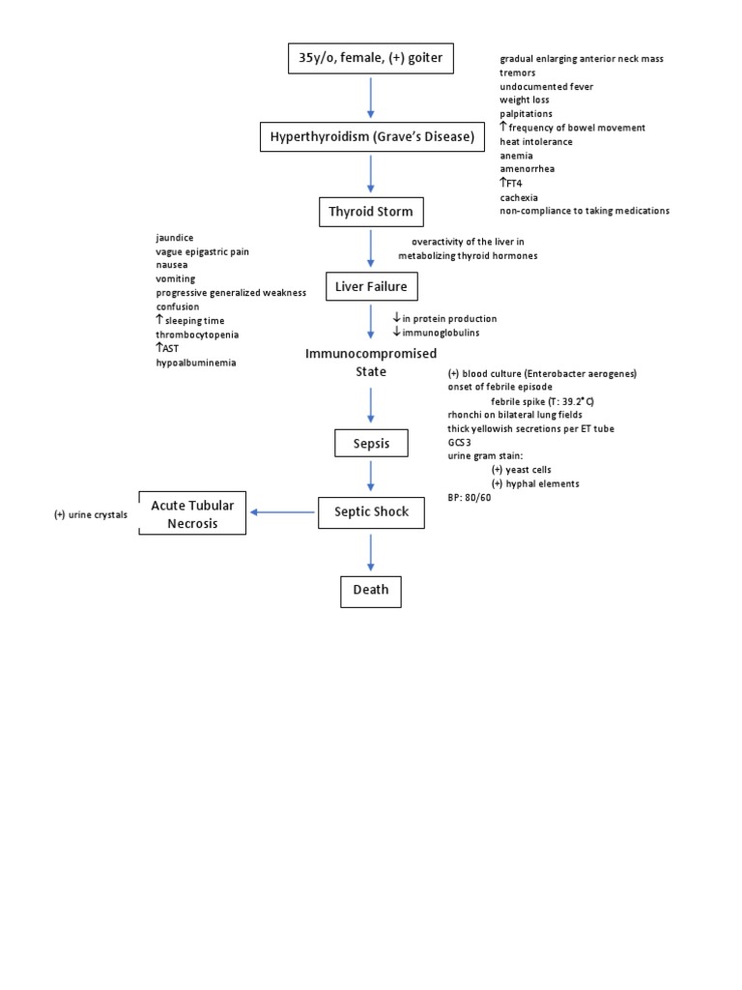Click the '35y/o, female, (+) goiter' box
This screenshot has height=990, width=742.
371,60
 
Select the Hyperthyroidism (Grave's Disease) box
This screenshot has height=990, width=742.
371,137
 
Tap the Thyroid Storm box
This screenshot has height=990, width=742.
371,211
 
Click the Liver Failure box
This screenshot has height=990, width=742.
371,286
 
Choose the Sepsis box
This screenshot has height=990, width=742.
371,444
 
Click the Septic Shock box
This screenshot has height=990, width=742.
371,512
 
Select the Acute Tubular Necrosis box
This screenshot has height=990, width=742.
192,512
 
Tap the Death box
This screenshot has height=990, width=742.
371,590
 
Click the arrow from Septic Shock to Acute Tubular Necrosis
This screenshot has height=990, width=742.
283,512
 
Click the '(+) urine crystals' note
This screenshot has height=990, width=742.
91,514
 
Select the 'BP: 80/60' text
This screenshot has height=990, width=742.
470,496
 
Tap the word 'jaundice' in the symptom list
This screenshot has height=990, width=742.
175,238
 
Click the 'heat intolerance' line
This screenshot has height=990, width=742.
535,141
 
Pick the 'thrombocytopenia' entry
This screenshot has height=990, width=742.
198,335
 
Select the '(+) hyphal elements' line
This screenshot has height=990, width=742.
535,482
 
